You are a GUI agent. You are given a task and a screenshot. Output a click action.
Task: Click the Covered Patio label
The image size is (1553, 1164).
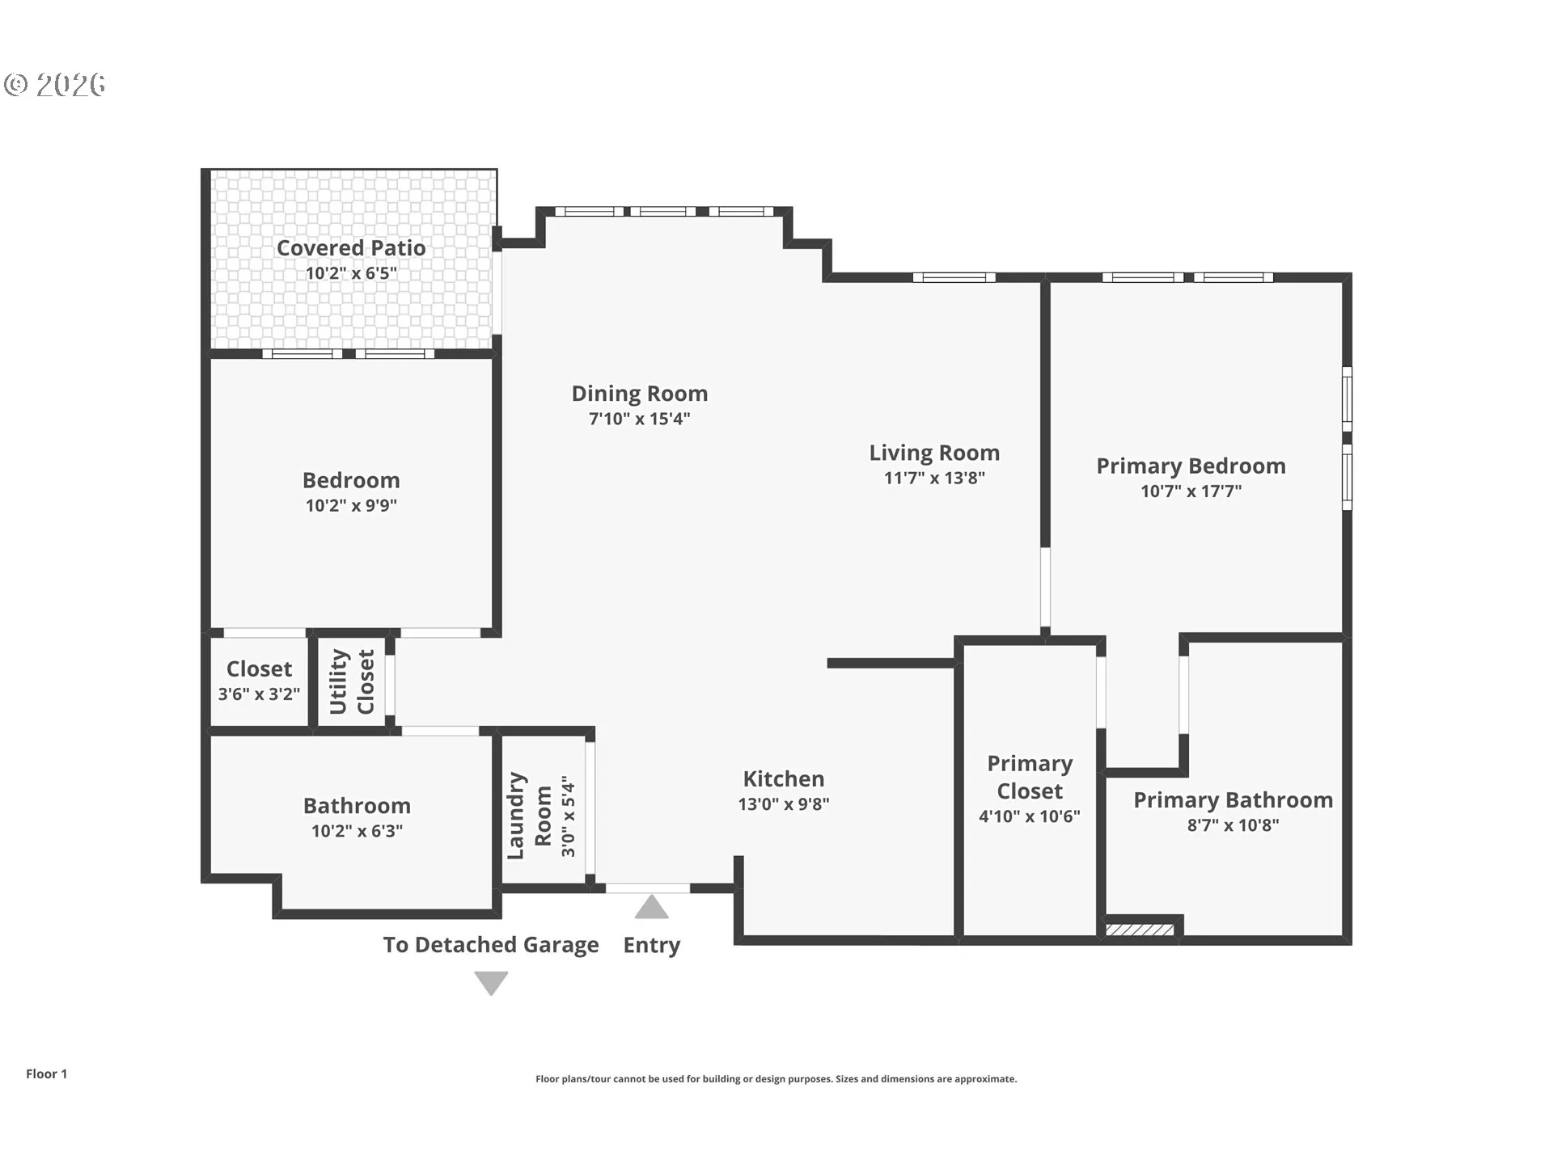pyautogui.click(x=351, y=248)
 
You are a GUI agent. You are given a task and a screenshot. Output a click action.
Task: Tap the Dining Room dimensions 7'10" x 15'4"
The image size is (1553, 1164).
pyautogui.click(x=639, y=419)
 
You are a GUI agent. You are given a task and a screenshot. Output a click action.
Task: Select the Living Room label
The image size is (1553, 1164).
pyautogui.click(x=934, y=453)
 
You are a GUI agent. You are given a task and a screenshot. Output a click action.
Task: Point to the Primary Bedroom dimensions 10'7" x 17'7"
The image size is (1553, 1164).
pyautogui.click(x=1191, y=491)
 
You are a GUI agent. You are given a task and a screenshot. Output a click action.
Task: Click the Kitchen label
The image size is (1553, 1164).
pyautogui.click(x=784, y=778)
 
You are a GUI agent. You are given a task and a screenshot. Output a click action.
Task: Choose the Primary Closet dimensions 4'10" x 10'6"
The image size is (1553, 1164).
pyautogui.click(x=1030, y=816)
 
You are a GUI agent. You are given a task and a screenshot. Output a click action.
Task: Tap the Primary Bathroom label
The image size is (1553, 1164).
pyautogui.click(x=1233, y=800)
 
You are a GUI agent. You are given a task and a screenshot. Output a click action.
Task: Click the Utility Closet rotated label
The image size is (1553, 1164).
pyautogui.click(x=352, y=681)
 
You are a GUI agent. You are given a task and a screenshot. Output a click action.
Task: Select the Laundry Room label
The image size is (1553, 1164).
pyautogui.click(x=529, y=816)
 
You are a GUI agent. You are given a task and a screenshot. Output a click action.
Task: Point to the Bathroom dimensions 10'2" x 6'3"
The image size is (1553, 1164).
pyautogui.click(x=357, y=831)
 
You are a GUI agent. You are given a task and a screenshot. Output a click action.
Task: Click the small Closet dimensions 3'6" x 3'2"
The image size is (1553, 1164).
pyautogui.click(x=259, y=694)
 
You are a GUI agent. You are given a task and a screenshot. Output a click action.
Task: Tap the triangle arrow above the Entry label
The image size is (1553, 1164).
pyautogui.click(x=651, y=907)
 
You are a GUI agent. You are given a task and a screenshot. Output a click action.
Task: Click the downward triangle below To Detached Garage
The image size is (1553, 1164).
pyautogui.click(x=491, y=983)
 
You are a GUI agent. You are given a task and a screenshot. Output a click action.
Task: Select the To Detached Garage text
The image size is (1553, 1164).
pyautogui.click(x=491, y=945)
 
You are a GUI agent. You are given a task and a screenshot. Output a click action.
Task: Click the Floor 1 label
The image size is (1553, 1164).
pyautogui.click(x=46, y=1073)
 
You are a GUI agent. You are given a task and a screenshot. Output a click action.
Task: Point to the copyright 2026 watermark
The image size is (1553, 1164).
pyautogui.click(x=55, y=84)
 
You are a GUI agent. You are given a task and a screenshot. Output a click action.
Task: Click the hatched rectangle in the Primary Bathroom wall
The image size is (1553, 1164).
pyautogui.click(x=1140, y=930)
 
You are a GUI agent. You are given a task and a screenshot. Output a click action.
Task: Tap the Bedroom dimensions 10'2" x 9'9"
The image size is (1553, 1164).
pyautogui.click(x=351, y=506)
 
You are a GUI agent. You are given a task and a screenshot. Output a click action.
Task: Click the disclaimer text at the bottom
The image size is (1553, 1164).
pyautogui.click(x=776, y=1079)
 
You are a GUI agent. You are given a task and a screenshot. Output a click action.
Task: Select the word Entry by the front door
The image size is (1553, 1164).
pyautogui.click(x=651, y=945)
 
